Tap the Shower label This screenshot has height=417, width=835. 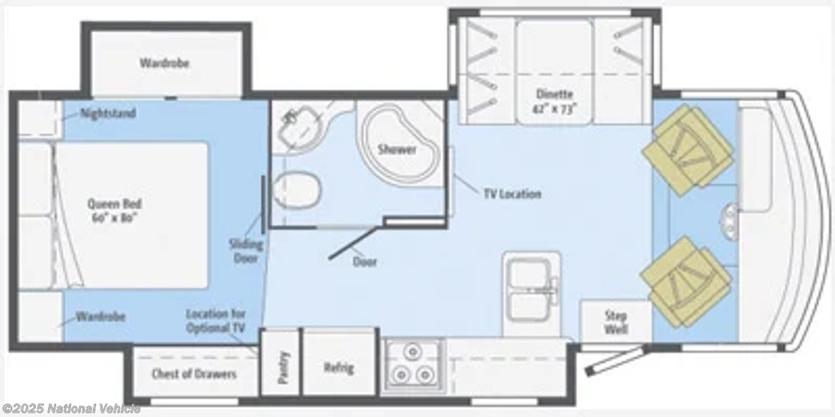click(397, 150)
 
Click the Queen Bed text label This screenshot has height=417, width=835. click(114, 211)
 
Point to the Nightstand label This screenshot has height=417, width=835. click(108, 113)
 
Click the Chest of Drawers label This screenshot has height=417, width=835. click(194, 374)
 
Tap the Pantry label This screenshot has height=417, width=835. click(283, 367)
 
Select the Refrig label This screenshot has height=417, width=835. click(338, 367)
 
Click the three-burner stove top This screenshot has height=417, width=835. click(412, 366)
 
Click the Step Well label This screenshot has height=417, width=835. click(616, 323)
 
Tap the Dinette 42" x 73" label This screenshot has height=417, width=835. click(554, 101)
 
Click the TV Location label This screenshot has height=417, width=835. click(512, 194)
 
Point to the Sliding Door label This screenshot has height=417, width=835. click(246, 251)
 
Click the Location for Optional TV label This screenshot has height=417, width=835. click(215, 321)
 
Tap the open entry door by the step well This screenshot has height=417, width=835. click(616, 360)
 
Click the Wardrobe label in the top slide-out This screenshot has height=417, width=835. click(165, 63)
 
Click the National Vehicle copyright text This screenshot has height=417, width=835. click(72, 409)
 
